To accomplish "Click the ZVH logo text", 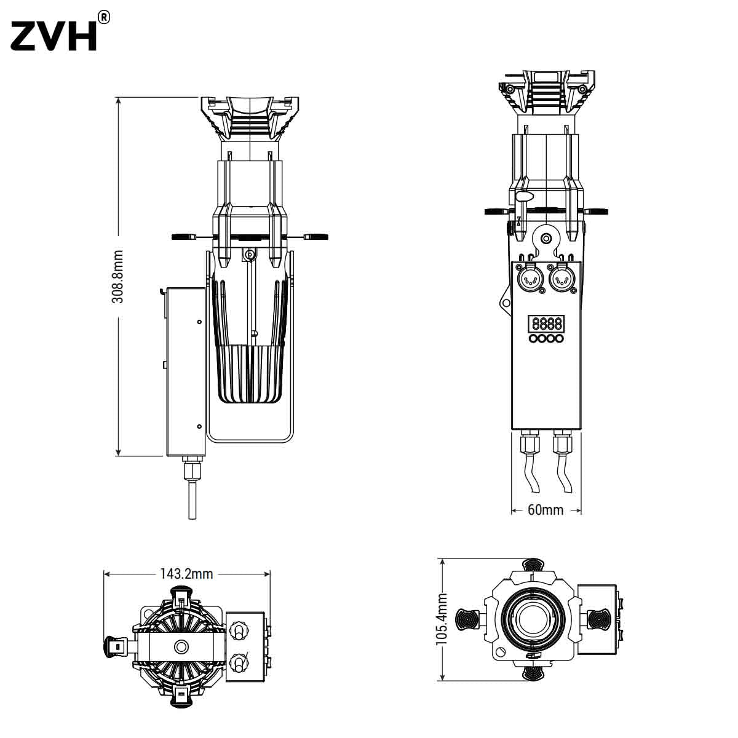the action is [x=54, y=36].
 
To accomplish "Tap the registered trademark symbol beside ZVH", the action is [x=104, y=17].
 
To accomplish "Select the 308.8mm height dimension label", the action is [x=118, y=277].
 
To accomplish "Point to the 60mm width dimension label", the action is [x=546, y=510].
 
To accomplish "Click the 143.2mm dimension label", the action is [x=186, y=574].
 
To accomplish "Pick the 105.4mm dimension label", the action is [x=442, y=619].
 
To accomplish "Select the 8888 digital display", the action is [x=547, y=323].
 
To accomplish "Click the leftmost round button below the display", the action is [x=533, y=338].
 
